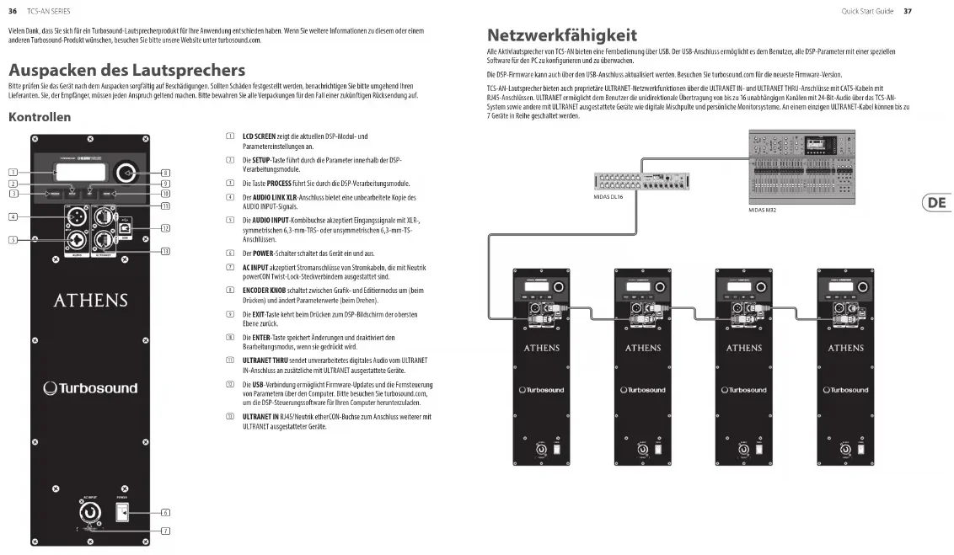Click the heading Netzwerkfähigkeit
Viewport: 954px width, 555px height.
point(562,35)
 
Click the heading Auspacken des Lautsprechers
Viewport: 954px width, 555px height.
point(126,69)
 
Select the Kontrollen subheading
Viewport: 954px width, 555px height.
point(39,117)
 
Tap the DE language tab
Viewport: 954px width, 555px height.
point(935,203)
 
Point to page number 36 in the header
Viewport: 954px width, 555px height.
point(13,11)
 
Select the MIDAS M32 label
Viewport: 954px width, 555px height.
point(762,211)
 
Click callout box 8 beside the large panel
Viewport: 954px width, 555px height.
point(166,173)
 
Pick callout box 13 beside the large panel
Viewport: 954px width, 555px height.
point(166,251)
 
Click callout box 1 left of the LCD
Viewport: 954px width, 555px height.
point(13,173)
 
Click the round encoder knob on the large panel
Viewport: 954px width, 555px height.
point(126,172)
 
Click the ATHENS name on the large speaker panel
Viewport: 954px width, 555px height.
point(90,301)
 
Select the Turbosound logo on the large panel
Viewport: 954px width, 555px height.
point(90,388)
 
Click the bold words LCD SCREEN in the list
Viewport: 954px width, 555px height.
point(260,136)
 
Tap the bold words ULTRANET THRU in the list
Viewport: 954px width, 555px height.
point(265,360)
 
